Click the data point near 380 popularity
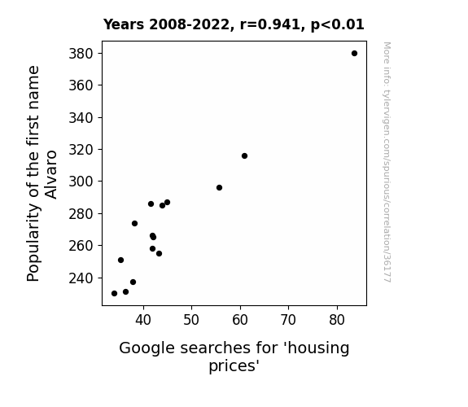[x=354, y=54]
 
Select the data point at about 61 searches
[x=244, y=155]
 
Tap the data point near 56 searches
[x=220, y=187]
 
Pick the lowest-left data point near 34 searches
[x=114, y=294]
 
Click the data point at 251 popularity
[x=121, y=260]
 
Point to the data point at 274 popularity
[x=134, y=223]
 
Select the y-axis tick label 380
[x=81, y=54]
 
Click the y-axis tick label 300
[x=81, y=182]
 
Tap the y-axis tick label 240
[x=81, y=278]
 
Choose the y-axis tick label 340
[x=81, y=118]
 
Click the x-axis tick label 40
[x=143, y=320]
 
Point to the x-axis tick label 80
[x=337, y=320]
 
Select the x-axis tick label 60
[x=240, y=320]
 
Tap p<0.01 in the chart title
[x=338, y=25]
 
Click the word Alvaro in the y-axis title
[x=51, y=175]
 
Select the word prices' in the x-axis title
[x=234, y=365]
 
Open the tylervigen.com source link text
[x=387, y=162]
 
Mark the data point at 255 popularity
[x=159, y=253]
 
